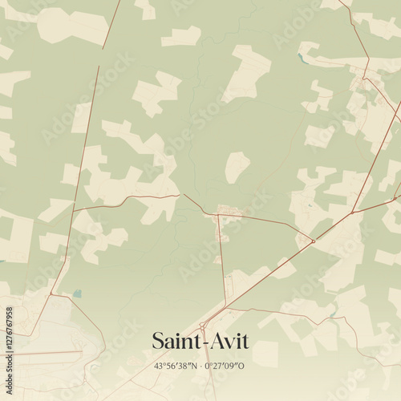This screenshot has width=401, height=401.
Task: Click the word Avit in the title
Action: coord(228,342)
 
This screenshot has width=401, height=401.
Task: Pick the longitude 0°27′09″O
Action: coord(225,366)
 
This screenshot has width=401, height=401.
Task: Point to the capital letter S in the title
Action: coord(158,342)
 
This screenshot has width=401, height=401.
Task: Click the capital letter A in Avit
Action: coord(215,342)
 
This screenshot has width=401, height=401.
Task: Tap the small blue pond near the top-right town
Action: coord(302,58)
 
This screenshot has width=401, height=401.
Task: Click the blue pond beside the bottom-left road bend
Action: coord(76,294)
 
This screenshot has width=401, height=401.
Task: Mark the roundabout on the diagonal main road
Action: coord(313,241)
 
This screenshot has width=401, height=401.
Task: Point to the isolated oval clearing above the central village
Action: coord(236,167)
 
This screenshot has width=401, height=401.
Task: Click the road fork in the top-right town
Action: coord(364,79)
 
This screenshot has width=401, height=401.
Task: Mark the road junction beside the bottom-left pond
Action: coord(52,294)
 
